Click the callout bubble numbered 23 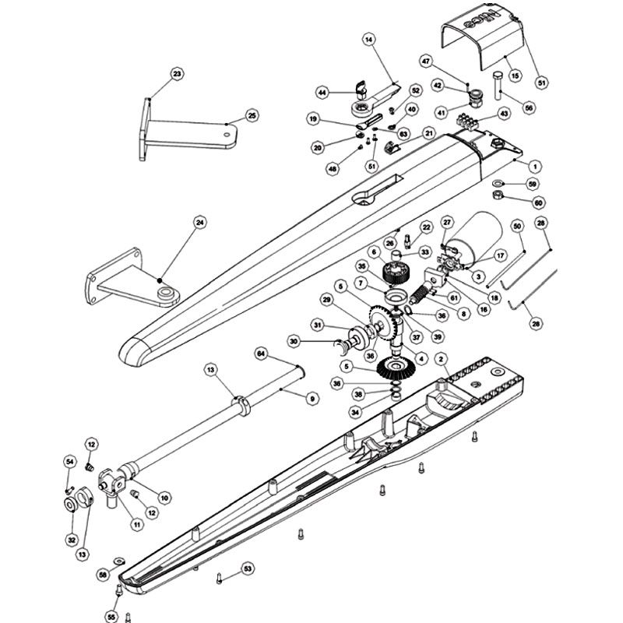coord(177,74)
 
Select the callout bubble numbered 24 coord(200,223)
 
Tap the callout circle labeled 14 coord(368,39)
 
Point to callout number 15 coord(514,76)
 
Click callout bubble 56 coord(530,108)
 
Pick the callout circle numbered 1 coord(535,165)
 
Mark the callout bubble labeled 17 coord(501,254)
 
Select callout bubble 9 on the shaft coord(311,398)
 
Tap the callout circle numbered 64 coord(262,354)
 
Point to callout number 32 coord(71,540)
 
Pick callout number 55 coord(111,617)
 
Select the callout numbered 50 coord(516,225)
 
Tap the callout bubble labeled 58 coord(103,574)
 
